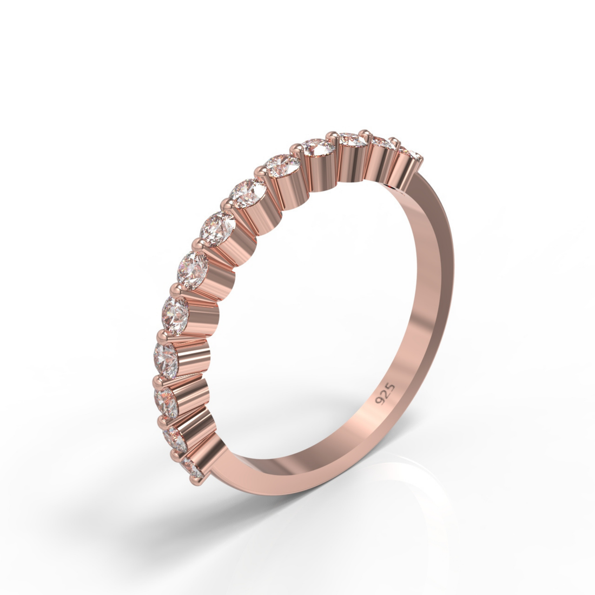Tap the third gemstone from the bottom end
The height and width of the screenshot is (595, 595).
pyautogui.click(x=166, y=400)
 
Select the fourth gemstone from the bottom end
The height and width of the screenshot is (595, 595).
pyautogui.click(x=166, y=355)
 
